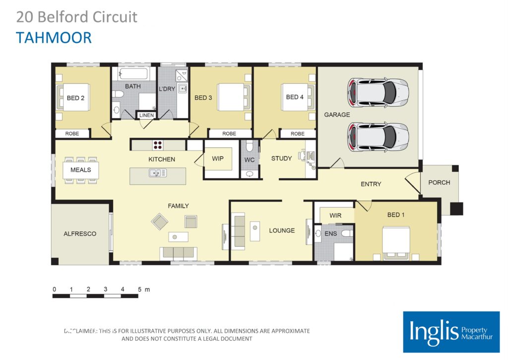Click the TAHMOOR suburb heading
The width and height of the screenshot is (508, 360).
tap(54, 38)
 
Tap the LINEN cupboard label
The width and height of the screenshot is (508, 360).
tap(146, 115)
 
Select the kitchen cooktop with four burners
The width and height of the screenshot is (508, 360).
tap(158, 145)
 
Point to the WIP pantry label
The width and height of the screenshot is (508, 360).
tap(218, 159)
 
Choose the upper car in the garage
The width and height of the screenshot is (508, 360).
tap(378, 92)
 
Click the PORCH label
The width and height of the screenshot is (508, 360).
tap(439, 182)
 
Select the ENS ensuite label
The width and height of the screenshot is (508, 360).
tap(331, 233)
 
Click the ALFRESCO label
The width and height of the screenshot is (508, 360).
tap(79, 233)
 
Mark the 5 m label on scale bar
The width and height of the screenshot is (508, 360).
tap(143, 289)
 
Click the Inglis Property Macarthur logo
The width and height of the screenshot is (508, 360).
tap(451, 332)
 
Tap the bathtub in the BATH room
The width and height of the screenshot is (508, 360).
tap(133, 74)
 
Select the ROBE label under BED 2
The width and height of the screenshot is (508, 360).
tap(72, 134)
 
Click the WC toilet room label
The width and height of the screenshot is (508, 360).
tap(249, 160)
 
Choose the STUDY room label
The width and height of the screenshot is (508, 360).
tap(281, 158)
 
